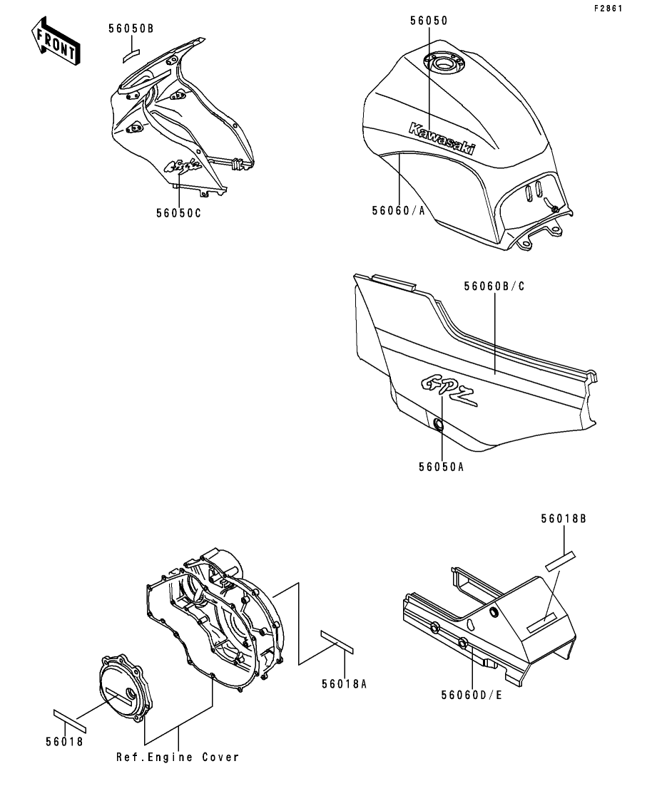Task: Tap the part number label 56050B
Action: coord(131,29)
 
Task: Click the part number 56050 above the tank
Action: coord(429,21)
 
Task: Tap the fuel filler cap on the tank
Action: coord(443,66)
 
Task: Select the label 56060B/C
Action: coord(494,286)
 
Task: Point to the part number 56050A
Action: coord(441,467)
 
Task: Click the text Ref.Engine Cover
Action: coord(178,757)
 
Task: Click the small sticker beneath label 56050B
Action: coord(131,52)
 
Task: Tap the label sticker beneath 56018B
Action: coord(560,559)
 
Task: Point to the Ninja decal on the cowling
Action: coord(183,167)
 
